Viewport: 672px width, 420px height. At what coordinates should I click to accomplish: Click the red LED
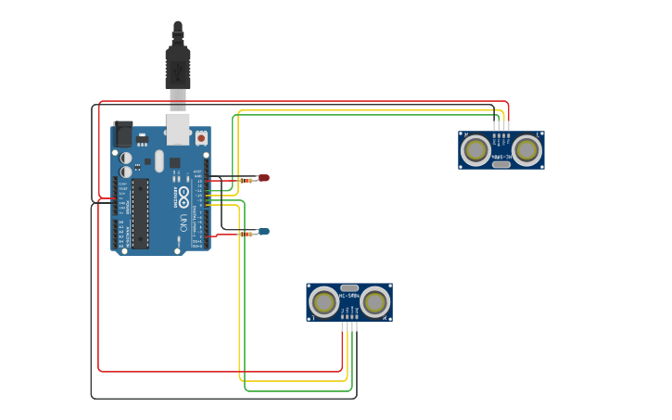pyautogui.click(x=264, y=177)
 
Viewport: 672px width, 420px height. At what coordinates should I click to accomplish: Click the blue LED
pyautogui.click(x=264, y=231)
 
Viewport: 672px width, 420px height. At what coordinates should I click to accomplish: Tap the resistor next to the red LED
pyautogui.click(x=247, y=180)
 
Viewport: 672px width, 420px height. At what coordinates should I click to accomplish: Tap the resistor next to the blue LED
pyautogui.click(x=246, y=235)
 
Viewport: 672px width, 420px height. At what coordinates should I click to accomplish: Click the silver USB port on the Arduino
pyautogui.click(x=178, y=130)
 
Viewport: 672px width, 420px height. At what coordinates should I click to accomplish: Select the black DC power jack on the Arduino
pyautogui.click(x=122, y=134)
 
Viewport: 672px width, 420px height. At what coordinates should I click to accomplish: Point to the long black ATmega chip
pyautogui.click(x=140, y=213)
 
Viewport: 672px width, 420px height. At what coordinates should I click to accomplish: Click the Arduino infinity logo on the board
pyautogui.click(x=184, y=197)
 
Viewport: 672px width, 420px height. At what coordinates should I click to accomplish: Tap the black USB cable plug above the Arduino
pyautogui.click(x=178, y=65)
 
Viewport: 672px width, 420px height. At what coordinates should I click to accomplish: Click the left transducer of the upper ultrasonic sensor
pyautogui.click(x=476, y=149)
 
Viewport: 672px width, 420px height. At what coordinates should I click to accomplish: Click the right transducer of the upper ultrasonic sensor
pyautogui.click(x=526, y=149)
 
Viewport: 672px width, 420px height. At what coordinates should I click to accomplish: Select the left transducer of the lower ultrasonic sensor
pyautogui.click(x=324, y=302)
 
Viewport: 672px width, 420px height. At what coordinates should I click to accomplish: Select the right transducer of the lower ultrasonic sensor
pyautogui.click(x=374, y=301)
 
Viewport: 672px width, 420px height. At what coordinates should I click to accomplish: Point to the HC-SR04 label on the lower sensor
pyautogui.click(x=349, y=297)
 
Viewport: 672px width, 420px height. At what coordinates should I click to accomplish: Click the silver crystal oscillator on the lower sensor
pyautogui.click(x=349, y=288)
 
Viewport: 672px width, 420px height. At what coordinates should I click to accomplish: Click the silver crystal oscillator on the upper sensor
pyautogui.click(x=501, y=164)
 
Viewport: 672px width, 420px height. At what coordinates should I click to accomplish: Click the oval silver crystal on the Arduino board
pyautogui.click(x=158, y=161)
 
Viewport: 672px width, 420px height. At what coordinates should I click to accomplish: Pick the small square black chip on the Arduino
pyautogui.click(x=174, y=162)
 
